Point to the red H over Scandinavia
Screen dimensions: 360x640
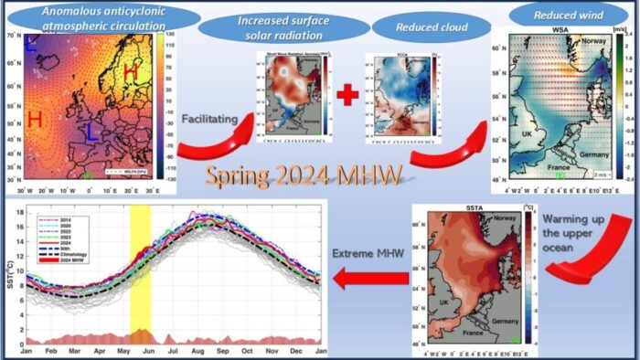pos(131,73)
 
